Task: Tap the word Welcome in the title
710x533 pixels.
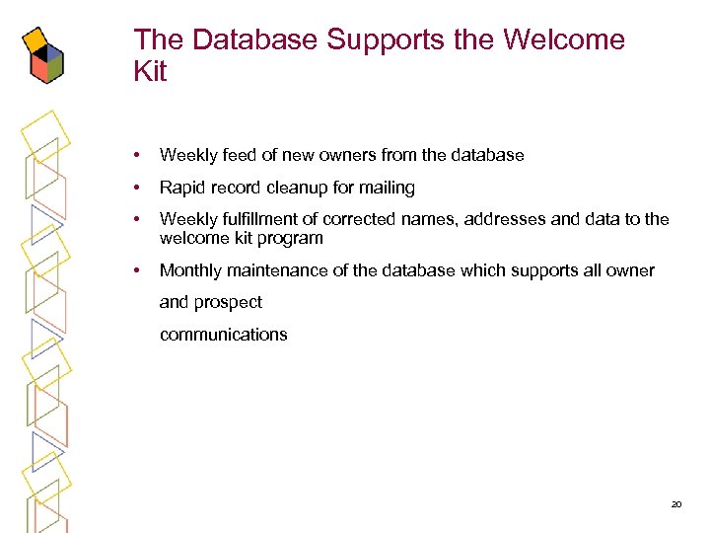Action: coord(563,40)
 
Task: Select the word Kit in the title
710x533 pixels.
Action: coord(151,72)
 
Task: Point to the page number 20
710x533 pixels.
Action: coord(676,504)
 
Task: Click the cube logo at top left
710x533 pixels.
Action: coord(43,54)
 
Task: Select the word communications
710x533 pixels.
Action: coord(224,335)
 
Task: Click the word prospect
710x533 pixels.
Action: coord(229,303)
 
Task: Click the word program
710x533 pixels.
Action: coord(291,238)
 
